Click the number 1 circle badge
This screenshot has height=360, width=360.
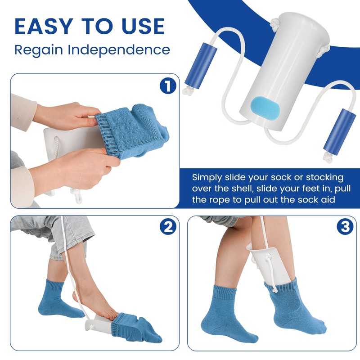pyautogui.click(x=168, y=85)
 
